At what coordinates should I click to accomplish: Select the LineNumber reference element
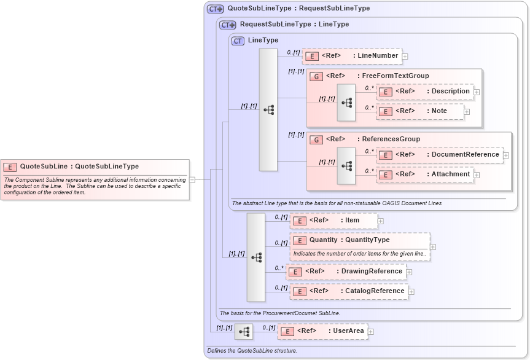click(352, 56)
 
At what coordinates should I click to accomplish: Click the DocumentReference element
click(440, 155)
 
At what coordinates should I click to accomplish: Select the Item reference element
click(334, 221)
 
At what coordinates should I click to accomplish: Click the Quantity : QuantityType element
click(360, 240)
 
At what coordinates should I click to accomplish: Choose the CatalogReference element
click(349, 291)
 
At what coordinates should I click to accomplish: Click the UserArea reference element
click(323, 331)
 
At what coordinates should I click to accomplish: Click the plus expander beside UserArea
click(371, 332)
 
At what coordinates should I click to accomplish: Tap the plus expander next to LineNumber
click(405, 57)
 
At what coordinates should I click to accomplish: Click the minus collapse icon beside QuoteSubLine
click(192, 179)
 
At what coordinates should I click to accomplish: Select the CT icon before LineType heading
click(238, 41)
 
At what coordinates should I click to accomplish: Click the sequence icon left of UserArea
click(244, 332)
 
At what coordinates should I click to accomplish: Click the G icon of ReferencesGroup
click(315, 139)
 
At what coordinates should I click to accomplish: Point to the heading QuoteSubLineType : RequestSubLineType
click(298, 9)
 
